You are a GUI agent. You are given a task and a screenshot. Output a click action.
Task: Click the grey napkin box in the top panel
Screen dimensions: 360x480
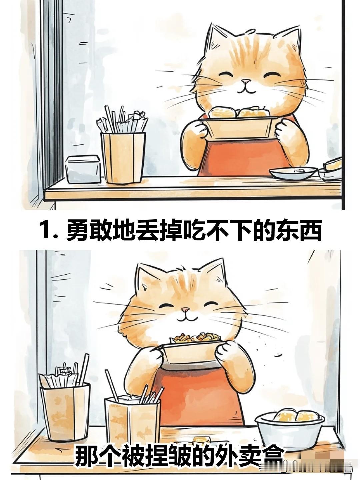point(83,169)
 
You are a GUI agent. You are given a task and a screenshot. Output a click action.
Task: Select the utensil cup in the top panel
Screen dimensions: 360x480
point(123,157)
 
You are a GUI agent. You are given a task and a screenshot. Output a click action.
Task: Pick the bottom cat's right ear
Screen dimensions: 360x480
point(216,271)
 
